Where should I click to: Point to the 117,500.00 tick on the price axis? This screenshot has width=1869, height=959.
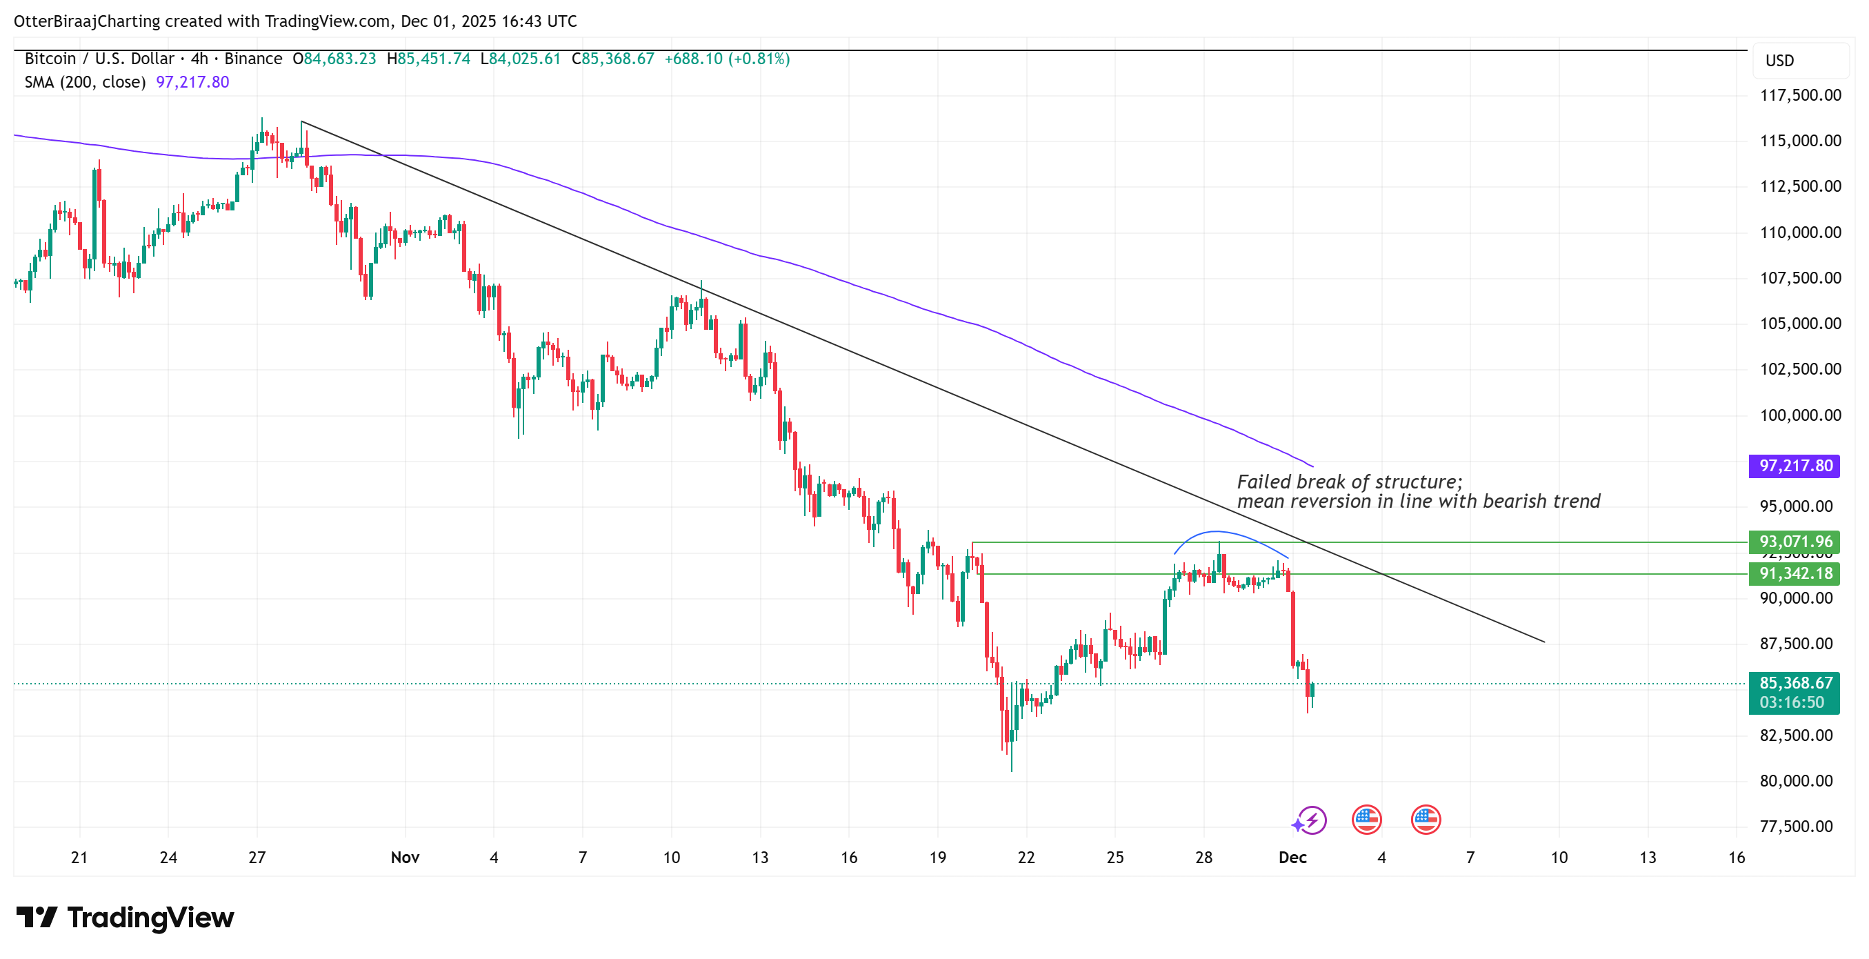[x=1800, y=95]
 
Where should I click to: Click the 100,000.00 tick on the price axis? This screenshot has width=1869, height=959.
[x=1800, y=415]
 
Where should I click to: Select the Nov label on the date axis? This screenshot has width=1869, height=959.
[x=405, y=858]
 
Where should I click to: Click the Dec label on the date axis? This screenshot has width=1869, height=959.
[x=1292, y=858]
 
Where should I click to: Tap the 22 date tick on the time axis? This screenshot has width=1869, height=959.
[x=1026, y=858]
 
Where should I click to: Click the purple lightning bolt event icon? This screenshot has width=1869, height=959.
[x=1310, y=820]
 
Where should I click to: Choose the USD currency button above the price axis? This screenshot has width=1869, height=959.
[x=1779, y=61]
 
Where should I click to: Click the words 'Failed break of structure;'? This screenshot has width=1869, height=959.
[x=1350, y=482]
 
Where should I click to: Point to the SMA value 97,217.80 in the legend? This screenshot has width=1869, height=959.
[x=192, y=82]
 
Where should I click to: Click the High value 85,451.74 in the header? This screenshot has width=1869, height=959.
[x=434, y=59]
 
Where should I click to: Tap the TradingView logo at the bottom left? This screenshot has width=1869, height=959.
[x=125, y=918]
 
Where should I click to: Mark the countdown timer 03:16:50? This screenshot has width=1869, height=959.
[x=1791, y=703]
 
